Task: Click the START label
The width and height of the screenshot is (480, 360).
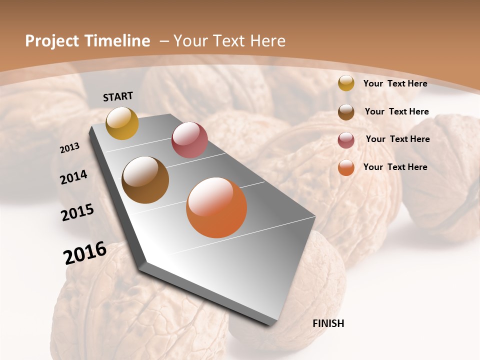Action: pos(118,96)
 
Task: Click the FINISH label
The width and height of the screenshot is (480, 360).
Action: pos(328,323)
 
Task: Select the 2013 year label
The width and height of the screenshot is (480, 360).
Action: pos(70,147)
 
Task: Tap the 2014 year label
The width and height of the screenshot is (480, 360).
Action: pos(74,177)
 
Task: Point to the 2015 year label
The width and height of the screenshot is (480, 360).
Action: pos(77,212)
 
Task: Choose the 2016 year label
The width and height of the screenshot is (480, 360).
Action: pos(85,252)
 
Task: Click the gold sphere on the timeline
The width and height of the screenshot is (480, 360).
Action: pos(122,123)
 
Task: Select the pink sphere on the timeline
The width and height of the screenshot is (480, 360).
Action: pos(189,140)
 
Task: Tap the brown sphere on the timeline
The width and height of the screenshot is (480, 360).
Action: pos(145,180)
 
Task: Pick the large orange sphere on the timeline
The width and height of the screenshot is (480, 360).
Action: pos(216,207)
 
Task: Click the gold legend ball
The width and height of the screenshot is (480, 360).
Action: pos(346,83)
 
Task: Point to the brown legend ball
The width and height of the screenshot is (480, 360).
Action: pos(346,112)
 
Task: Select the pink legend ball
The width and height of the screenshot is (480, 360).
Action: pos(346,140)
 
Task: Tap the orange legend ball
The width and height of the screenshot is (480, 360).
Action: pos(346,167)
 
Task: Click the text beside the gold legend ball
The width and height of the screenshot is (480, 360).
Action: pos(395,83)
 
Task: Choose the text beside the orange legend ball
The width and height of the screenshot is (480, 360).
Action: pos(395,167)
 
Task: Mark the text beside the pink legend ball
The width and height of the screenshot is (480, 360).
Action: pos(397,139)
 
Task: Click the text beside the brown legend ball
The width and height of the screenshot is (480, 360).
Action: pos(397,111)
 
